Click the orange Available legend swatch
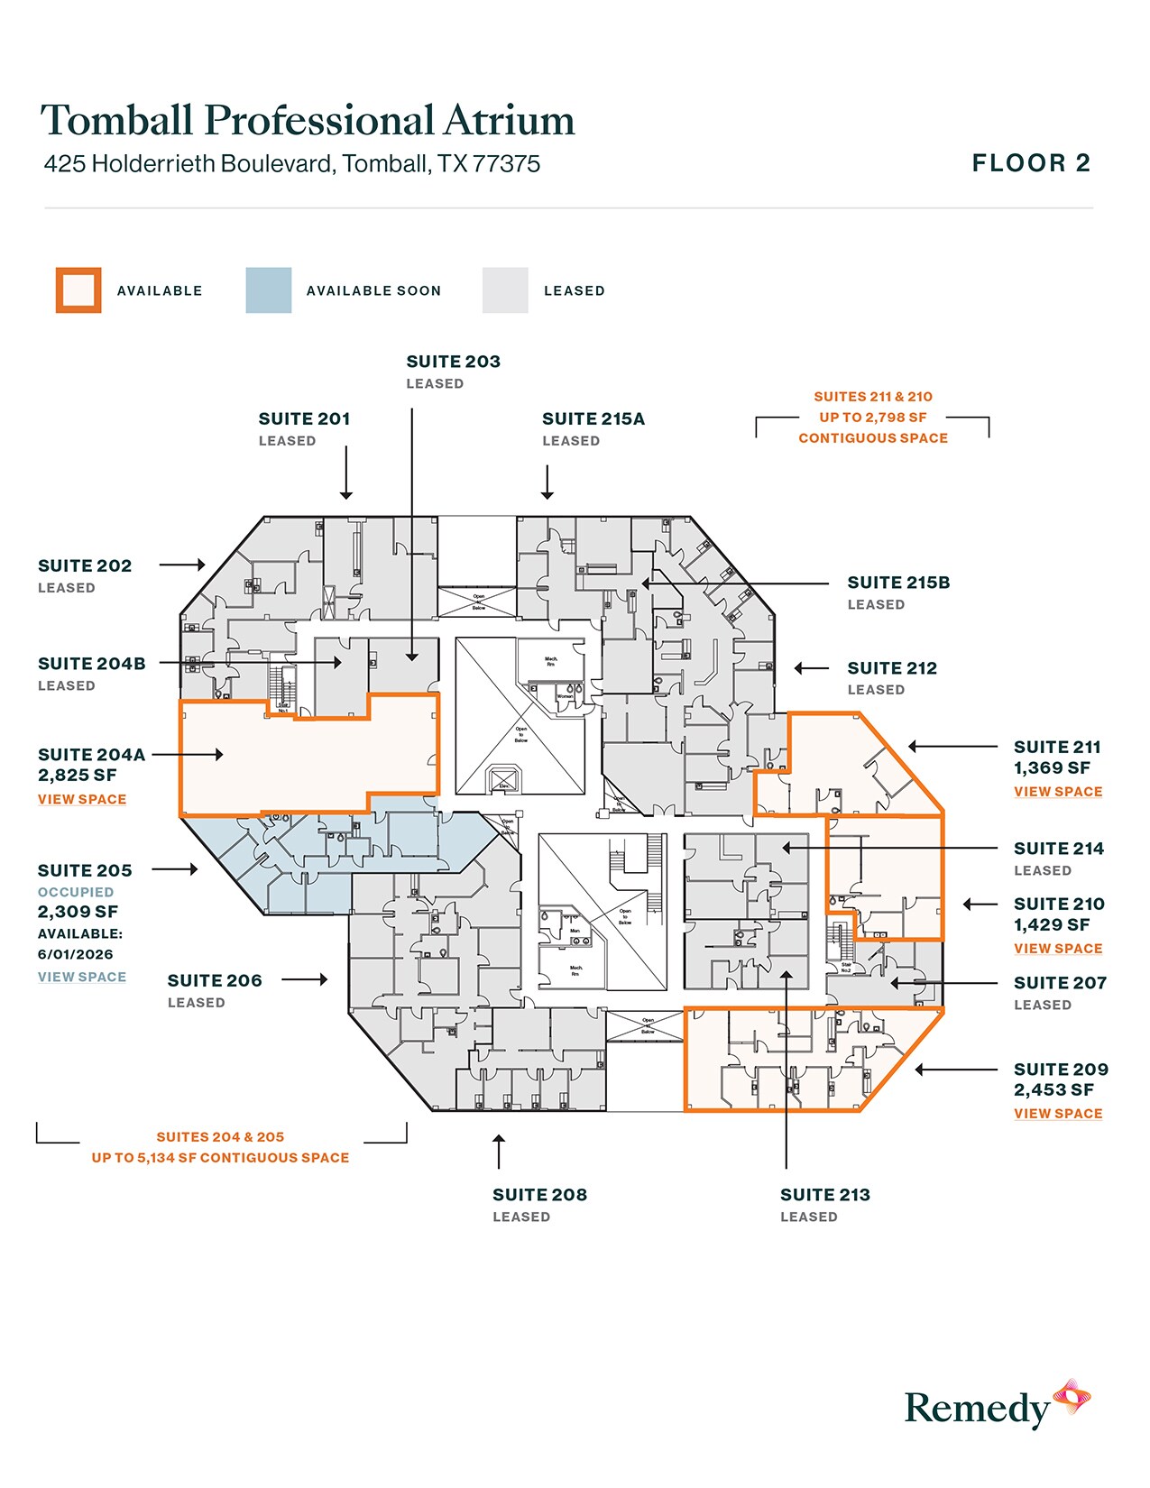[78, 290]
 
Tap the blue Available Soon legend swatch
[269, 290]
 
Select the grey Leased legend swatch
[505, 290]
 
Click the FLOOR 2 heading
[1031, 163]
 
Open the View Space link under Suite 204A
[82, 800]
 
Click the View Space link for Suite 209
[1058, 1114]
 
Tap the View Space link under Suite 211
[1058, 792]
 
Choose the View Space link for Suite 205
[82, 978]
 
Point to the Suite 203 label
[453, 362]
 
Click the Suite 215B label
[898, 583]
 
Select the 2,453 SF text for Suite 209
[1053, 1090]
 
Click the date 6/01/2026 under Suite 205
[76, 954]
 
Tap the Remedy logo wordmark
[977, 1409]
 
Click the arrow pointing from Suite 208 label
[498, 1152]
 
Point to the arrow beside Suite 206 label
[305, 979]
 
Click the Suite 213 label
[824, 1195]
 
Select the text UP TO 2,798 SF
[872, 418]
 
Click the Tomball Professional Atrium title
[308, 120]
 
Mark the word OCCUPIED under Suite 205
[76, 892]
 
